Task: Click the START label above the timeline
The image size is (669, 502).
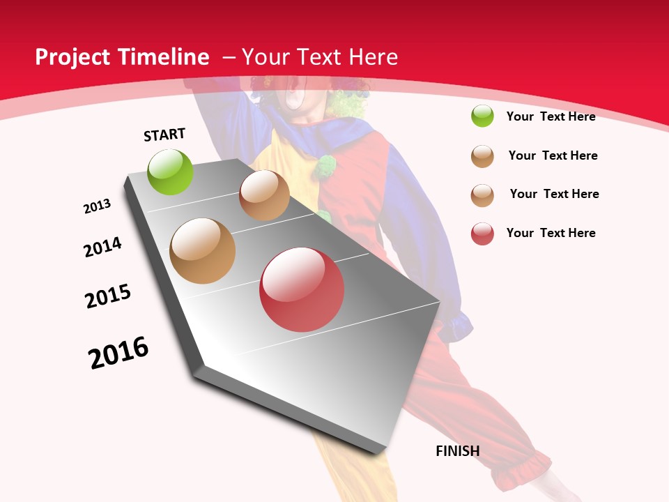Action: coord(164,135)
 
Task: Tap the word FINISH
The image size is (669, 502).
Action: coord(458,451)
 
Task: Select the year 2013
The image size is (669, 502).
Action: coord(97,206)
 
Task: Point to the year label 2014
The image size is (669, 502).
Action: coord(103,247)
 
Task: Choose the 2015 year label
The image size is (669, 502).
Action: coord(108,296)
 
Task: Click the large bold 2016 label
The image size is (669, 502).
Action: coord(118,353)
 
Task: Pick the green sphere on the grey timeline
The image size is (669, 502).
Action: coord(171,172)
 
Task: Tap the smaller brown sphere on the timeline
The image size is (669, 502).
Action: coord(264,195)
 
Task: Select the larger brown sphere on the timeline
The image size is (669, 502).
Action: coord(203,251)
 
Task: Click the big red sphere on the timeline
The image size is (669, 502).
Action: coord(302,289)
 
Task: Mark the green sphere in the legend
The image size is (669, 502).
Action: coord(482,116)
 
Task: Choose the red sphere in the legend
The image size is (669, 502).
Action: coord(482,234)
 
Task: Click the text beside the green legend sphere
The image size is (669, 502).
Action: coord(551,116)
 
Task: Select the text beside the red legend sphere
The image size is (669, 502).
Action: coord(551,233)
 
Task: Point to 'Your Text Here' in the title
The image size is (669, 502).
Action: coord(320,57)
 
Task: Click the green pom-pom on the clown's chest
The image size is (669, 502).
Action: coord(324,166)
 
